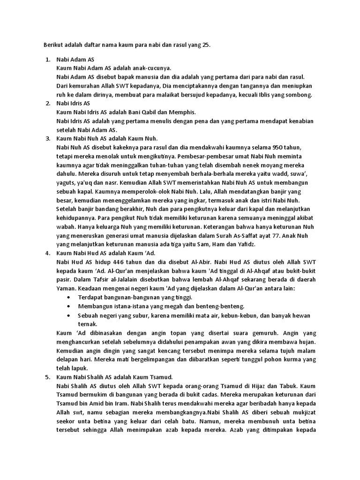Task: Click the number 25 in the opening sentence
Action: [x=207, y=45]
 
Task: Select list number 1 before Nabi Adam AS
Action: [x=48, y=60]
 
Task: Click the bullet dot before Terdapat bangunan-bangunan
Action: [x=69, y=298]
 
